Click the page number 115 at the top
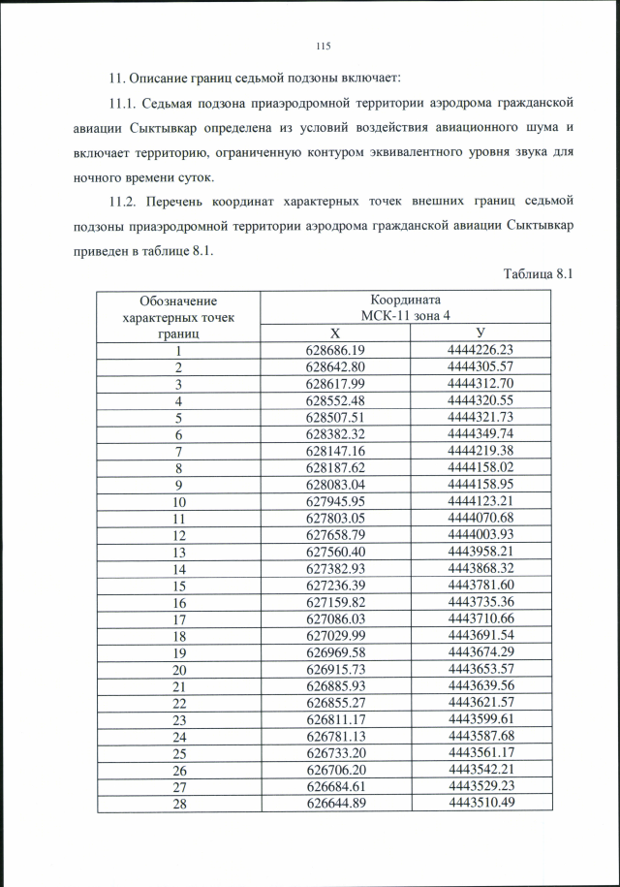(324, 46)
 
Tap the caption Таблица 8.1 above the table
(540, 273)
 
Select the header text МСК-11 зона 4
(406, 316)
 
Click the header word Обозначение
(178, 301)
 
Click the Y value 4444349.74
(480, 435)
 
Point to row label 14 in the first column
(178, 570)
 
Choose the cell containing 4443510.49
(480, 803)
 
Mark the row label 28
(178, 803)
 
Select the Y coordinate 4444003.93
(480, 536)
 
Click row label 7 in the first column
(178, 452)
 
